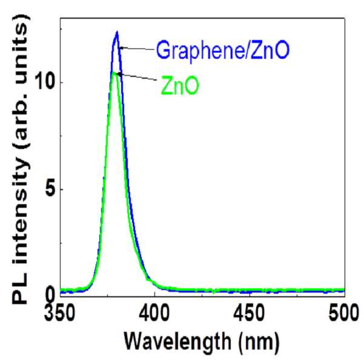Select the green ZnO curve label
[180, 86]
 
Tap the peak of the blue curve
[117, 31]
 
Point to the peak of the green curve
[114, 73]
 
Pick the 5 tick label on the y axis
[51, 190]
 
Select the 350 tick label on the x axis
[60, 314]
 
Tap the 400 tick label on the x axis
[154, 314]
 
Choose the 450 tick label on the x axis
[249, 314]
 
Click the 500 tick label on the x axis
[344, 314]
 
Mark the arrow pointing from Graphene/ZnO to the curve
[137, 48]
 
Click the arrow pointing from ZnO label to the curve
[138, 77]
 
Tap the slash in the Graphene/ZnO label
[245, 50]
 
